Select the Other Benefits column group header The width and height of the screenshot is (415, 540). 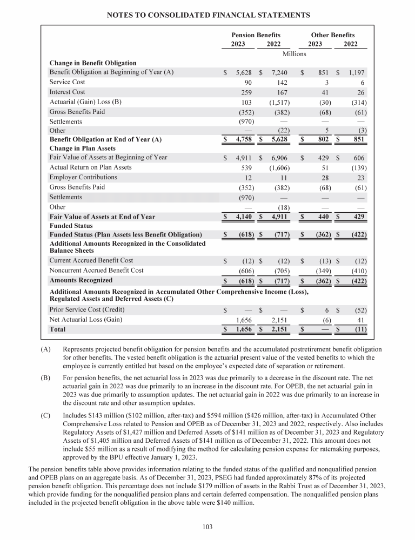pyautogui.click(x=333, y=35)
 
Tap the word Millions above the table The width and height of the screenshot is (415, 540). pyautogui.click(x=294, y=53)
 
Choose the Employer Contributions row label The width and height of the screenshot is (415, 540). pyautogui.click(x=83, y=177)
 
